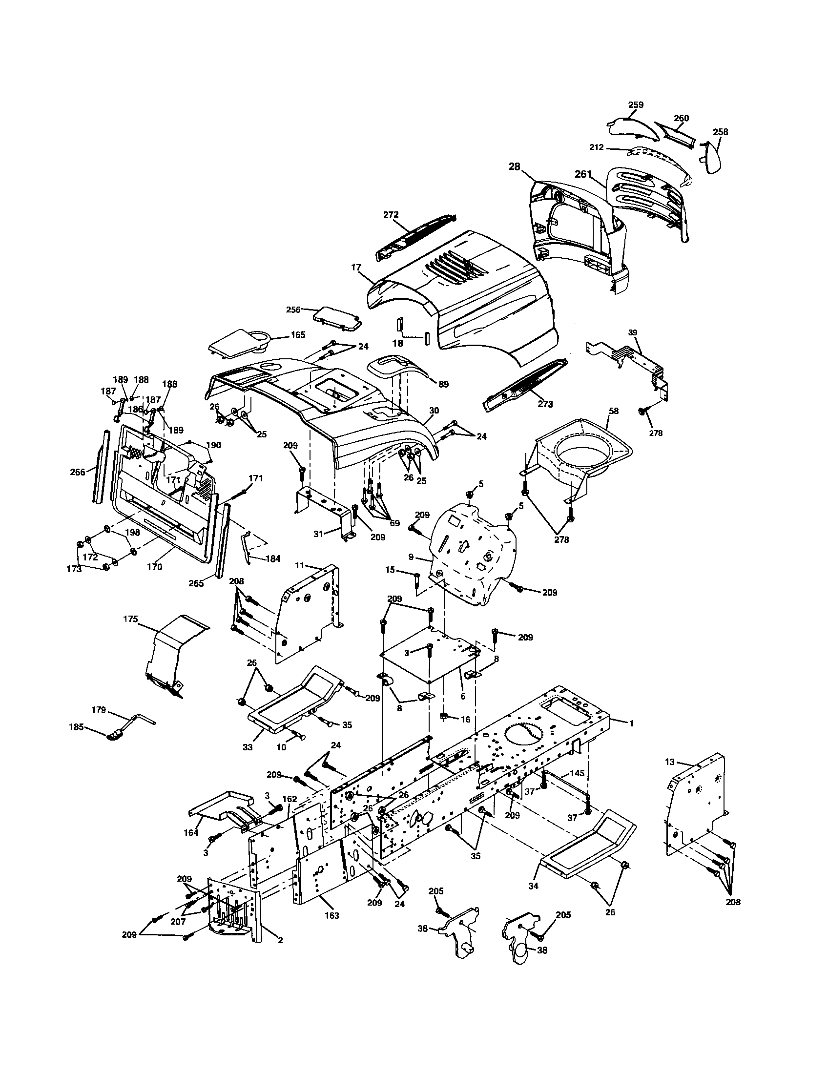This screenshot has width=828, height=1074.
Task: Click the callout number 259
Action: click(636, 105)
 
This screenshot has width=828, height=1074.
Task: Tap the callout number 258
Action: click(720, 132)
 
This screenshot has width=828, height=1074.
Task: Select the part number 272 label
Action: click(391, 215)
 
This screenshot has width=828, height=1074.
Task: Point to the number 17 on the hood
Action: click(356, 268)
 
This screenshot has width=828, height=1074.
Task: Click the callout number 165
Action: click(297, 334)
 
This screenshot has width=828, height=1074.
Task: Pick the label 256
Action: click(293, 310)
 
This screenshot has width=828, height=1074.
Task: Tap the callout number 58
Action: click(614, 411)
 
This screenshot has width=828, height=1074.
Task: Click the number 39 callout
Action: click(633, 332)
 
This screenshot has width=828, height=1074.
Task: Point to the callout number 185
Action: click(76, 726)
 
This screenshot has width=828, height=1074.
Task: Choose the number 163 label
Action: click(332, 916)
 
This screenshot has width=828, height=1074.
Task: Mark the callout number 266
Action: click(78, 472)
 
